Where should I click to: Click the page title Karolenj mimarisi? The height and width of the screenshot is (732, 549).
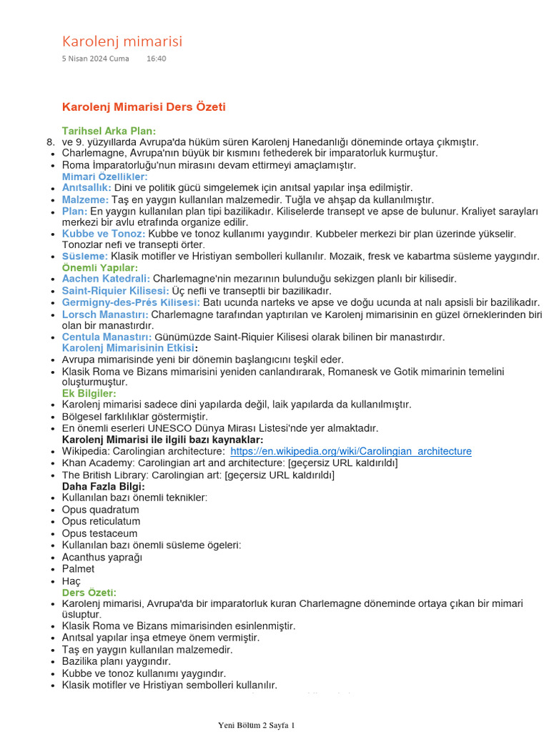(122, 41)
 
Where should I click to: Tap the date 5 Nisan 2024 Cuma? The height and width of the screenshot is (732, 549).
(95, 59)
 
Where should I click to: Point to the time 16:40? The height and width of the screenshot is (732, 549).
(156, 59)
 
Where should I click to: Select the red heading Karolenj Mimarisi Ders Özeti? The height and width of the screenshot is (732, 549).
(144, 107)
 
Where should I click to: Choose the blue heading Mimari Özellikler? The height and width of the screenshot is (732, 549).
(104, 177)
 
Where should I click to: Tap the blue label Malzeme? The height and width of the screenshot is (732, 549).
(85, 199)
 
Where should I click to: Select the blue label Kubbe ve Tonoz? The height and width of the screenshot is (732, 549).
(104, 234)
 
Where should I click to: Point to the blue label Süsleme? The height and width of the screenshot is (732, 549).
(85, 256)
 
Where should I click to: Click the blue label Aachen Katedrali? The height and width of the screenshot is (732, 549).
(106, 278)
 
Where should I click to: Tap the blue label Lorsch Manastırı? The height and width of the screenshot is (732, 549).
(105, 314)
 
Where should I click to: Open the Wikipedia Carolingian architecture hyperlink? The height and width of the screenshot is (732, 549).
(351, 451)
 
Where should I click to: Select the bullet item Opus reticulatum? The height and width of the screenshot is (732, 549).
(100, 521)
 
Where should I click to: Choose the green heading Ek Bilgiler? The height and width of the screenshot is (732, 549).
(89, 393)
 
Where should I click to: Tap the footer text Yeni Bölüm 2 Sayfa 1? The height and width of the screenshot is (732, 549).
(256, 725)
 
